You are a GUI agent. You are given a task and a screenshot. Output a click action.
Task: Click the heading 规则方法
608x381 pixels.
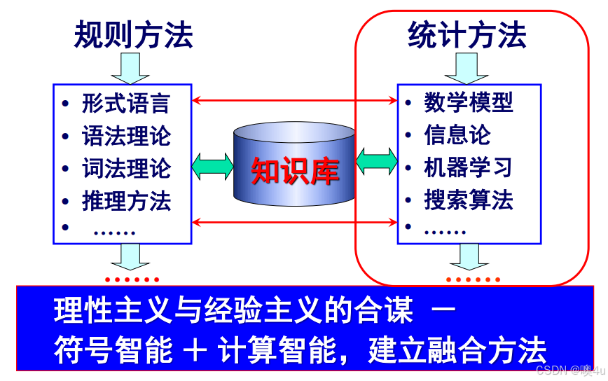133,36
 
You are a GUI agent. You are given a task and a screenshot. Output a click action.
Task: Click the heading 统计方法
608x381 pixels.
467,36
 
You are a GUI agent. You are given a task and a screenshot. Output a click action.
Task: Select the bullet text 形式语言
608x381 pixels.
126,104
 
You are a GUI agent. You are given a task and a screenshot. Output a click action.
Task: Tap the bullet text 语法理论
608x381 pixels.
126,136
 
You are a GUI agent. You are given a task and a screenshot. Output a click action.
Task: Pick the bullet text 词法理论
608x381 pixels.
126,169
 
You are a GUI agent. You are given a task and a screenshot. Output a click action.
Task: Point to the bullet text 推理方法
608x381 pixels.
126,202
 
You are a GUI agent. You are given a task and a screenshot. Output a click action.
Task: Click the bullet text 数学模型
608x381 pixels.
469,103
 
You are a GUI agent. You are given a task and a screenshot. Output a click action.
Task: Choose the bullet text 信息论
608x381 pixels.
457,135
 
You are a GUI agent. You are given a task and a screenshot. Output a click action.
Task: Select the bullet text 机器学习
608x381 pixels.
469,168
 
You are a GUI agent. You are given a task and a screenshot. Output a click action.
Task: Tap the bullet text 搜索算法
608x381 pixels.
469,200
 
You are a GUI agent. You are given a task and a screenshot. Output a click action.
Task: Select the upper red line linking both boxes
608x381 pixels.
294,101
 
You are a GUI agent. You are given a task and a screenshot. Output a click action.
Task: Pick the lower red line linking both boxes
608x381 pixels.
294,223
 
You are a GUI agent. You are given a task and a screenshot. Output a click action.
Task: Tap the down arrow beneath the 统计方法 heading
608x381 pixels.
467,68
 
